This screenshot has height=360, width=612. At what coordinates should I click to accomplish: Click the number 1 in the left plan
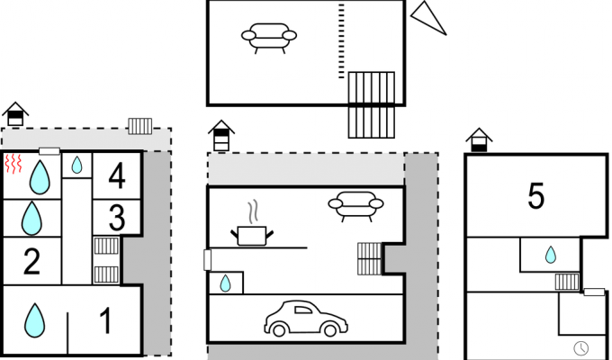point(106,320)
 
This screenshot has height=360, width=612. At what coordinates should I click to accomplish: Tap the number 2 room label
point(32,261)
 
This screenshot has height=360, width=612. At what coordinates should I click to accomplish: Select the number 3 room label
point(117,218)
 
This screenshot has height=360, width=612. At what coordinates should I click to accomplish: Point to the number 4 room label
point(117,175)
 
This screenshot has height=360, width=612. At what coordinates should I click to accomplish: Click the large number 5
point(535,196)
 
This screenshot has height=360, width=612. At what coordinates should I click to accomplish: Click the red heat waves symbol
point(13,164)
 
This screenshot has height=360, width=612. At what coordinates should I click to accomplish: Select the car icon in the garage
point(306,319)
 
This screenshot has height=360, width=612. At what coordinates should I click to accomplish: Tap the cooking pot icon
point(252,236)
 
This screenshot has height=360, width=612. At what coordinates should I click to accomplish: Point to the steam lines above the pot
point(254,211)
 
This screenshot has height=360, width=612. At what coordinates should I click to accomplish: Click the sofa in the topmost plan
point(269,38)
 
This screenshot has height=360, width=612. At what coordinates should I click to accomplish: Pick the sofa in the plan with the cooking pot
point(355,206)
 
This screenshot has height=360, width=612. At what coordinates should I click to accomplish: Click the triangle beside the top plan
point(427,18)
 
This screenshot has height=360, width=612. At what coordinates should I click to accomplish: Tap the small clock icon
point(581,347)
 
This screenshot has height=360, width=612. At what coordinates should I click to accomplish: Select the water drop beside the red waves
point(40,177)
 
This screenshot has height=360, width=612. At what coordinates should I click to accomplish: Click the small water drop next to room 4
point(76,165)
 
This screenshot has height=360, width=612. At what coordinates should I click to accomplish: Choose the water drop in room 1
point(35,320)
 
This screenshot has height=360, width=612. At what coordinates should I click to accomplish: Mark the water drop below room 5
point(551,255)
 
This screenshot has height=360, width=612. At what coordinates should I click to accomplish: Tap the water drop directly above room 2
point(31,219)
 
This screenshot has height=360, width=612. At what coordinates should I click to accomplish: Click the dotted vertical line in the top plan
point(341,41)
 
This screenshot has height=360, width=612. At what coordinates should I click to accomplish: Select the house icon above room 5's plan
point(479,139)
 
